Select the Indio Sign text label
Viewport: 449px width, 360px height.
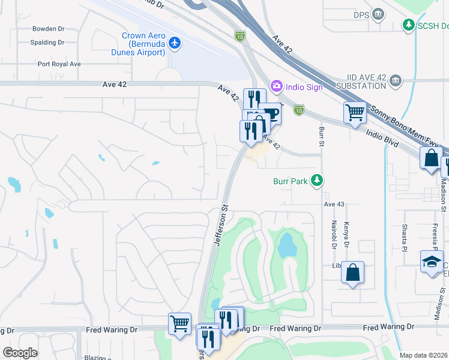304,87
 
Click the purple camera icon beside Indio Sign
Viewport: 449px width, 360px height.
276,86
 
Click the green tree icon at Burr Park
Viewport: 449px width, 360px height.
317,180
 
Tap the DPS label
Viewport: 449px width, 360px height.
361,14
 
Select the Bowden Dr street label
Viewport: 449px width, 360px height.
49,28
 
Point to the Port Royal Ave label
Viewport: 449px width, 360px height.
59,64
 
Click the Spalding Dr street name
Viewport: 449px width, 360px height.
47,43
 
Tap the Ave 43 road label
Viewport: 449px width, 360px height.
334,205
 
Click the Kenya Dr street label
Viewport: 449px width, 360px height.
345,235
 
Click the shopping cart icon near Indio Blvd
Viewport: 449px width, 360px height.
355,112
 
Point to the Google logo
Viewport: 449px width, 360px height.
20,353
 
